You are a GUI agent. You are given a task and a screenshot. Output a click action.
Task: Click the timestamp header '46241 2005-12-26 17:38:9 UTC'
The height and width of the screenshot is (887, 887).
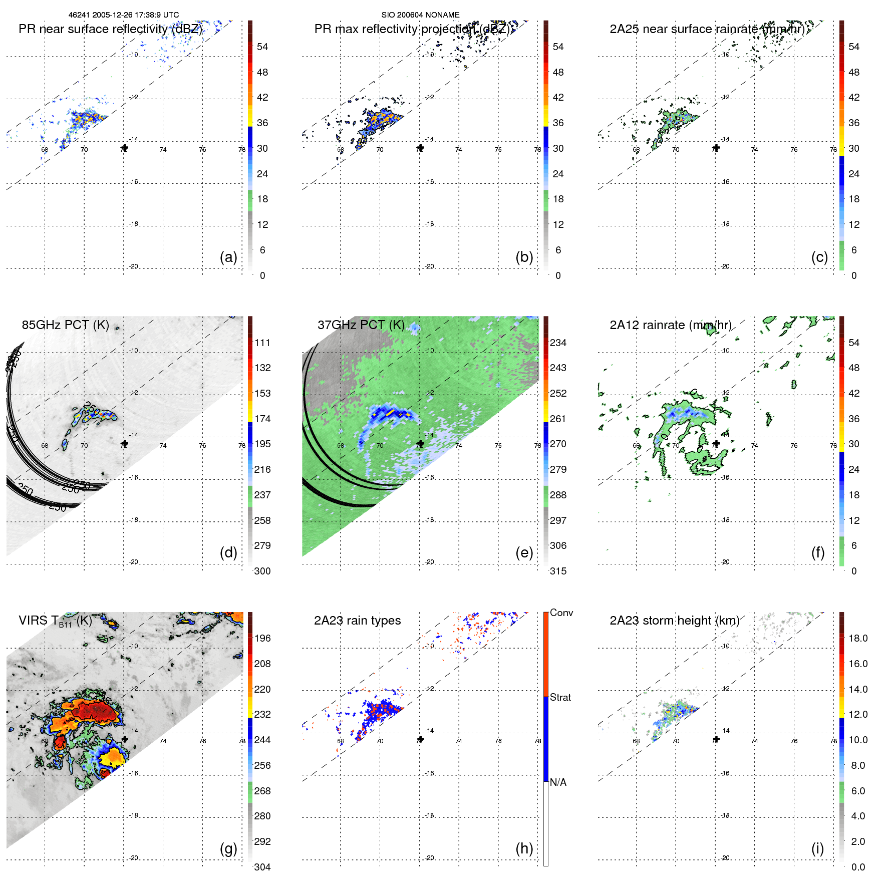pyautogui.click(x=124, y=15)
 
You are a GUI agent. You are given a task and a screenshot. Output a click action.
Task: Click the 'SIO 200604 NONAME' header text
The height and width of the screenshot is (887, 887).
pyautogui.click(x=420, y=15)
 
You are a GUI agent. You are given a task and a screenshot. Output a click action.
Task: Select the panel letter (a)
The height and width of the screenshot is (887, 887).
pyautogui.click(x=228, y=257)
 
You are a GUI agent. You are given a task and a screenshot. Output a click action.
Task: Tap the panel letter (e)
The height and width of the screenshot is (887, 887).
pyautogui.click(x=524, y=552)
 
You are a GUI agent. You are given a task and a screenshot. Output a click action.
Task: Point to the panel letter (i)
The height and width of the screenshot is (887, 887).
pyautogui.click(x=817, y=848)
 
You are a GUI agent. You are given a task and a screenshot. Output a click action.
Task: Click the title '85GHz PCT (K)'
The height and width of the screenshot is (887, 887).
pyautogui.click(x=65, y=325)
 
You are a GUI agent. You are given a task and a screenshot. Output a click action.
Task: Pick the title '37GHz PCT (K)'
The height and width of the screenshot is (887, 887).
pyautogui.click(x=361, y=325)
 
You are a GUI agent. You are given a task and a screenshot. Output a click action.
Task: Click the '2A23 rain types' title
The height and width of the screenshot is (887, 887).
pyautogui.click(x=357, y=621)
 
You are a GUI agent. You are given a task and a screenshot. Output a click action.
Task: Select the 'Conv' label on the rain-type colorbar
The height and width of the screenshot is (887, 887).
pyautogui.click(x=561, y=613)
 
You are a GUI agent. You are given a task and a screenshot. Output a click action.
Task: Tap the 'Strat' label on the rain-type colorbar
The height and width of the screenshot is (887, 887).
pyautogui.click(x=560, y=698)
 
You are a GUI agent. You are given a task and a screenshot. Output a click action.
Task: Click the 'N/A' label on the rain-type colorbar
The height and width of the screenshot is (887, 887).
pyautogui.click(x=558, y=782)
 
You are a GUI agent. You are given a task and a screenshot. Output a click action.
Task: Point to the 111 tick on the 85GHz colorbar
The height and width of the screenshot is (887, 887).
pyautogui.click(x=262, y=343)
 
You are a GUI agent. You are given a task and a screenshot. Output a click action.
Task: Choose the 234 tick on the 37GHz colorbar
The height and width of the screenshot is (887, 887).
pyautogui.click(x=558, y=343)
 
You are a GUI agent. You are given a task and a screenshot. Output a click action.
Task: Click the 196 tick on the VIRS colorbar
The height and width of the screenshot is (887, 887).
pyautogui.click(x=262, y=639)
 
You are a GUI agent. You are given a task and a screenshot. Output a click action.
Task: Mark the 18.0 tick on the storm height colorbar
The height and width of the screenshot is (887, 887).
pyautogui.click(x=858, y=639)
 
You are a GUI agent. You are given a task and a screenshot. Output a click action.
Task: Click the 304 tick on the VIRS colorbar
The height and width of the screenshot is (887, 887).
pyautogui.click(x=262, y=867)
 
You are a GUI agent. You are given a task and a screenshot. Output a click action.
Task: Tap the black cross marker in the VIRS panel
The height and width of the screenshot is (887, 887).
pyautogui.click(x=125, y=739)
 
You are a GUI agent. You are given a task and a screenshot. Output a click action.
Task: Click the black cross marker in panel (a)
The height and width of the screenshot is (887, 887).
pyautogui.click(x=125, y=148)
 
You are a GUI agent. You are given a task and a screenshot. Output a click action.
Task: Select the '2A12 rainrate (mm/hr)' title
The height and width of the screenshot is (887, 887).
pyautogui.click(x=670, y=325)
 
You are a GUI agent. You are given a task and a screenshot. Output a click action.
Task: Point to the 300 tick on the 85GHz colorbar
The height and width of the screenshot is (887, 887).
pyautogui.click(x=262, y=571)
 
